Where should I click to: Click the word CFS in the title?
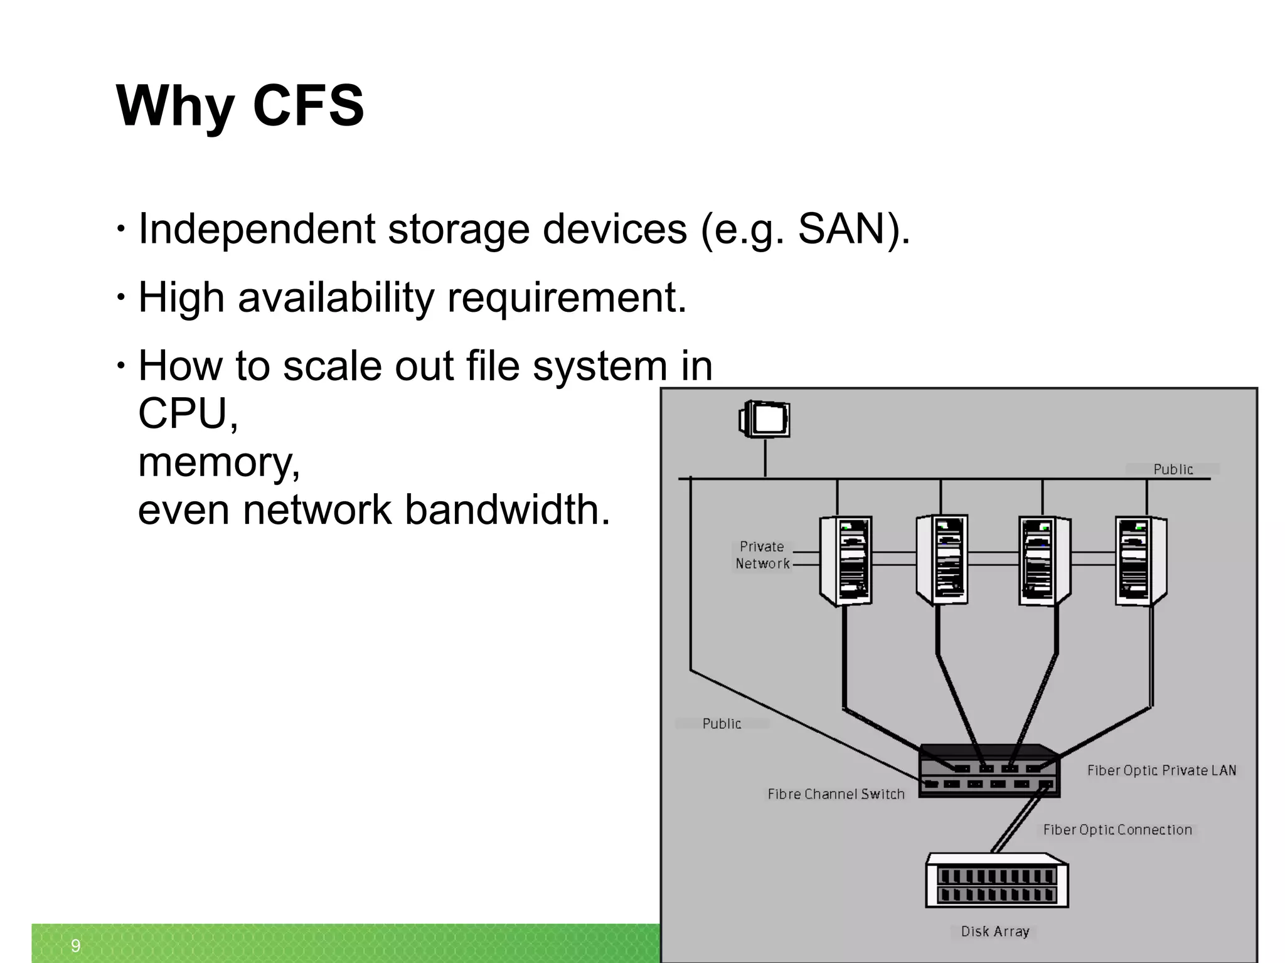[x=307, y=105]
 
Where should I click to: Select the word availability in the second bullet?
[x=336, y=297]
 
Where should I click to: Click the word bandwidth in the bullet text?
[x=507, y=509]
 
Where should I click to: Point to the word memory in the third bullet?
[x=218, y=462]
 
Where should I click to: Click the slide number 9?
[x=75, y=945]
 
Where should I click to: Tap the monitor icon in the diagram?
[x=765, y=418]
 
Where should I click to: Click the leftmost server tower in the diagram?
[x=845, y=560]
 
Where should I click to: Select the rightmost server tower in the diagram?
[x=1140, y=560]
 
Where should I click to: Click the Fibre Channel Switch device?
[x=989, y=772]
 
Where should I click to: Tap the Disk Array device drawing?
[x=996, y=881]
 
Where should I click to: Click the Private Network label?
[x=762, y=555]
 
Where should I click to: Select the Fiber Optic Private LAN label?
[x=1161, y=770]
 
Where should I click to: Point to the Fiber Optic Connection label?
[x=1117, y=829]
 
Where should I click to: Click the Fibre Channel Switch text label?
[x=836, y=794]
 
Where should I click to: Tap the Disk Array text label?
[x=995, y=932]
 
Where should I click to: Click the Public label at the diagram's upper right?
[x=1173, y=469]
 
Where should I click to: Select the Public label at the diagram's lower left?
[x=722, y=724]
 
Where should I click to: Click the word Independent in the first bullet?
[x=256, y=228]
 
